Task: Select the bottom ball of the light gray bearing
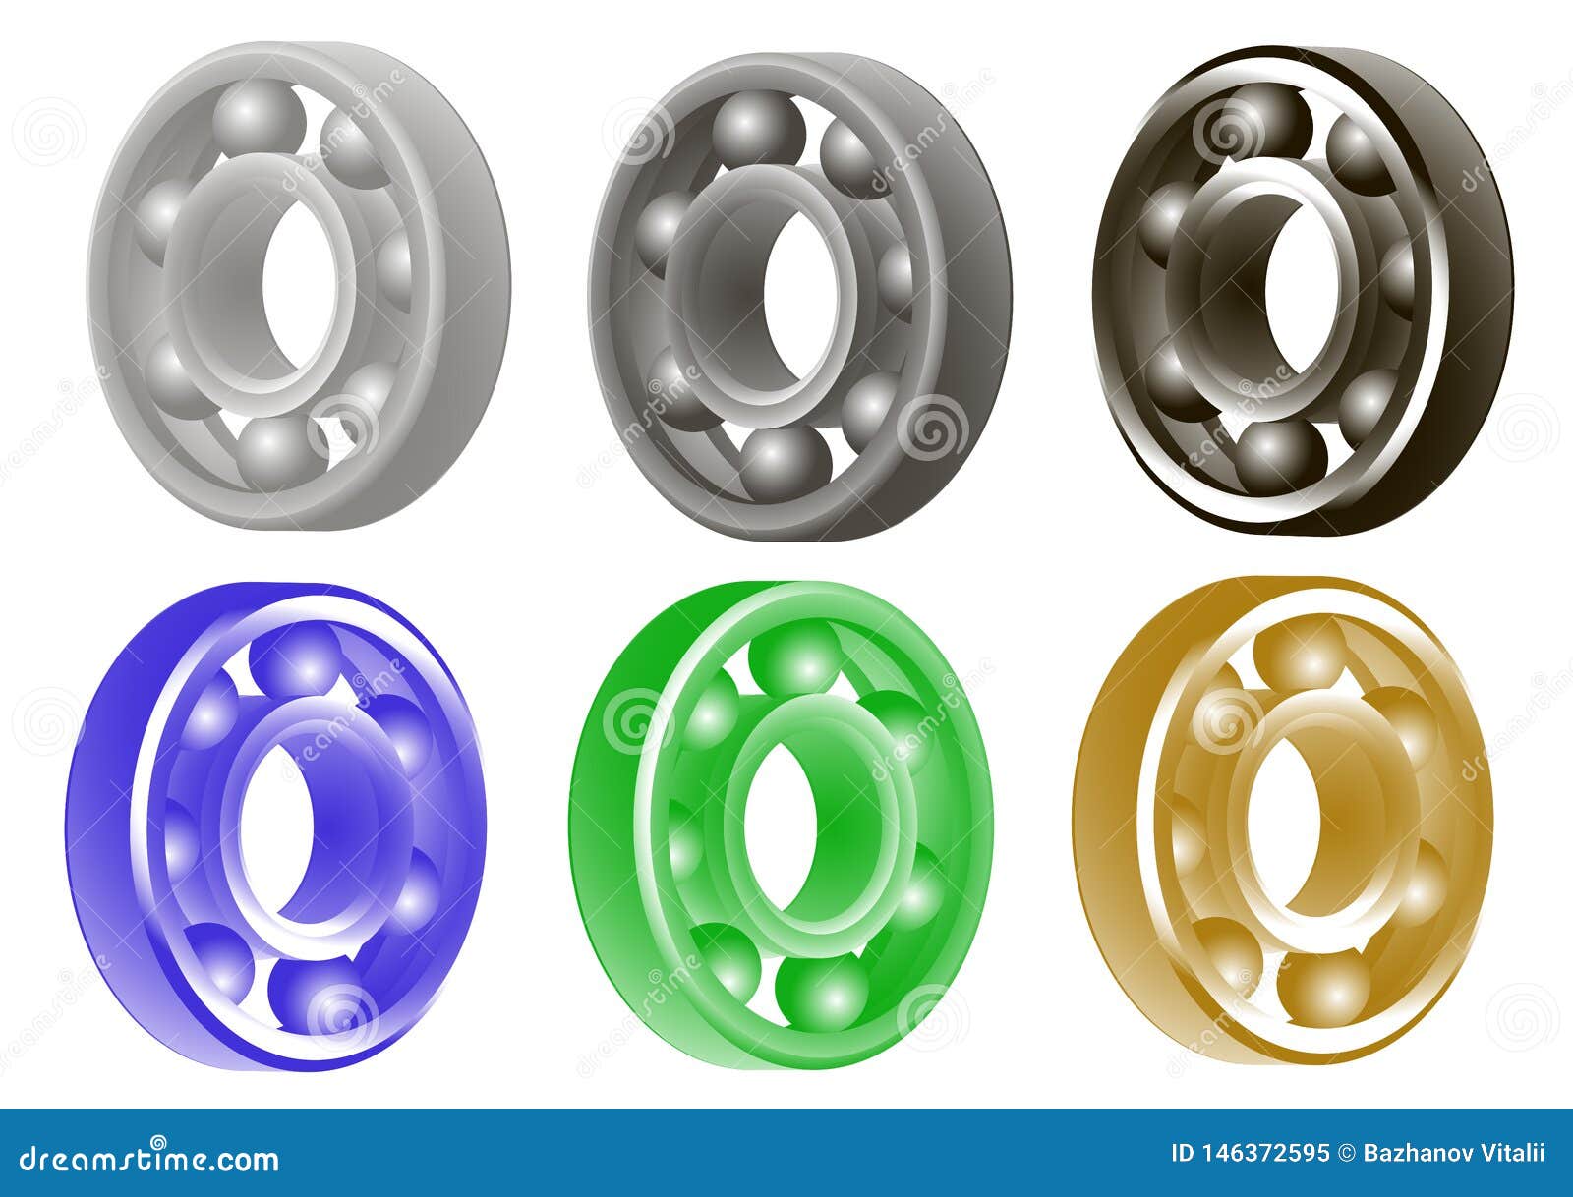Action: [x=278, y=453]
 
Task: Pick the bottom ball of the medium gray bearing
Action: [x=785, y=462]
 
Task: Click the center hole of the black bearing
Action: [x=1295, y=286]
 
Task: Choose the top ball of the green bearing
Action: [x=794, y=656]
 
